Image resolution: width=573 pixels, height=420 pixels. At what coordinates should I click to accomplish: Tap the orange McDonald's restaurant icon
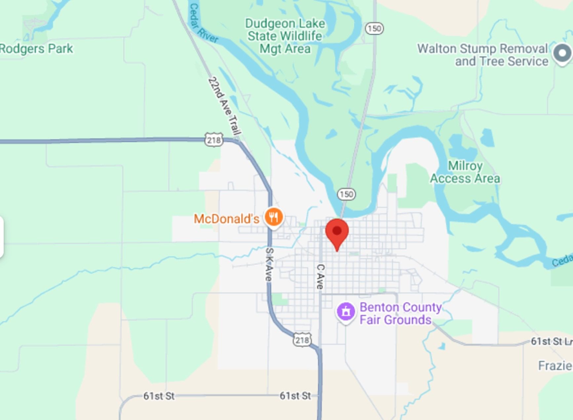tap(274, 217)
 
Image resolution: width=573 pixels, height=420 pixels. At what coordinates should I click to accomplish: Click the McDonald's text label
tap(226, 219)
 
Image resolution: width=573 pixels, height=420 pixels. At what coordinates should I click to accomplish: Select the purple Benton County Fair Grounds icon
tap(346, 311)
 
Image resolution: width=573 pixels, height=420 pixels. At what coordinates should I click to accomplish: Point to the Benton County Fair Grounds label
tap(400, 313)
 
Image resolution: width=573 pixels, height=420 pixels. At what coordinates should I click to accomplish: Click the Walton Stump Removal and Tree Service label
tap(482, 55)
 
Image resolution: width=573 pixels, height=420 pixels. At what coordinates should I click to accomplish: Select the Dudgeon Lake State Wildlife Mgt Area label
tap(285, 36)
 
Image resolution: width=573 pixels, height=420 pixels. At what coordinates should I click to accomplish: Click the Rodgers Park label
tap(36, 49)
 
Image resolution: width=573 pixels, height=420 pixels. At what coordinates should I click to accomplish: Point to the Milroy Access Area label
tap(465, 172)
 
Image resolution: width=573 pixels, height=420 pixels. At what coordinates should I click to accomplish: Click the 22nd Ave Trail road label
tap(225, 106)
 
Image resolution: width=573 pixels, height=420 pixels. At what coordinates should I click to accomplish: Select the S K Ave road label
tap(269, 264)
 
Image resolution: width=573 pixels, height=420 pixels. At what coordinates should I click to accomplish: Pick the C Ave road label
tap(320, 277)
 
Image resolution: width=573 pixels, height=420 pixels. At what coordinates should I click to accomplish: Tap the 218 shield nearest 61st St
tap(302, 340)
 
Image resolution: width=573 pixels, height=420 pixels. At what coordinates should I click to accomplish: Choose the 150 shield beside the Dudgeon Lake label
tap(374, 29)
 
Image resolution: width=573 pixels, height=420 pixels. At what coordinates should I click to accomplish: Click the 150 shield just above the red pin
tap(346, 194)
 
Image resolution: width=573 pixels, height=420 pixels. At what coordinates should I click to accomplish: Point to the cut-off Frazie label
tap(555, 366)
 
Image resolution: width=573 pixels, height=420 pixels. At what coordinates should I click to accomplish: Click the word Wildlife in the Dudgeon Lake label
tap(301, 36)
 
